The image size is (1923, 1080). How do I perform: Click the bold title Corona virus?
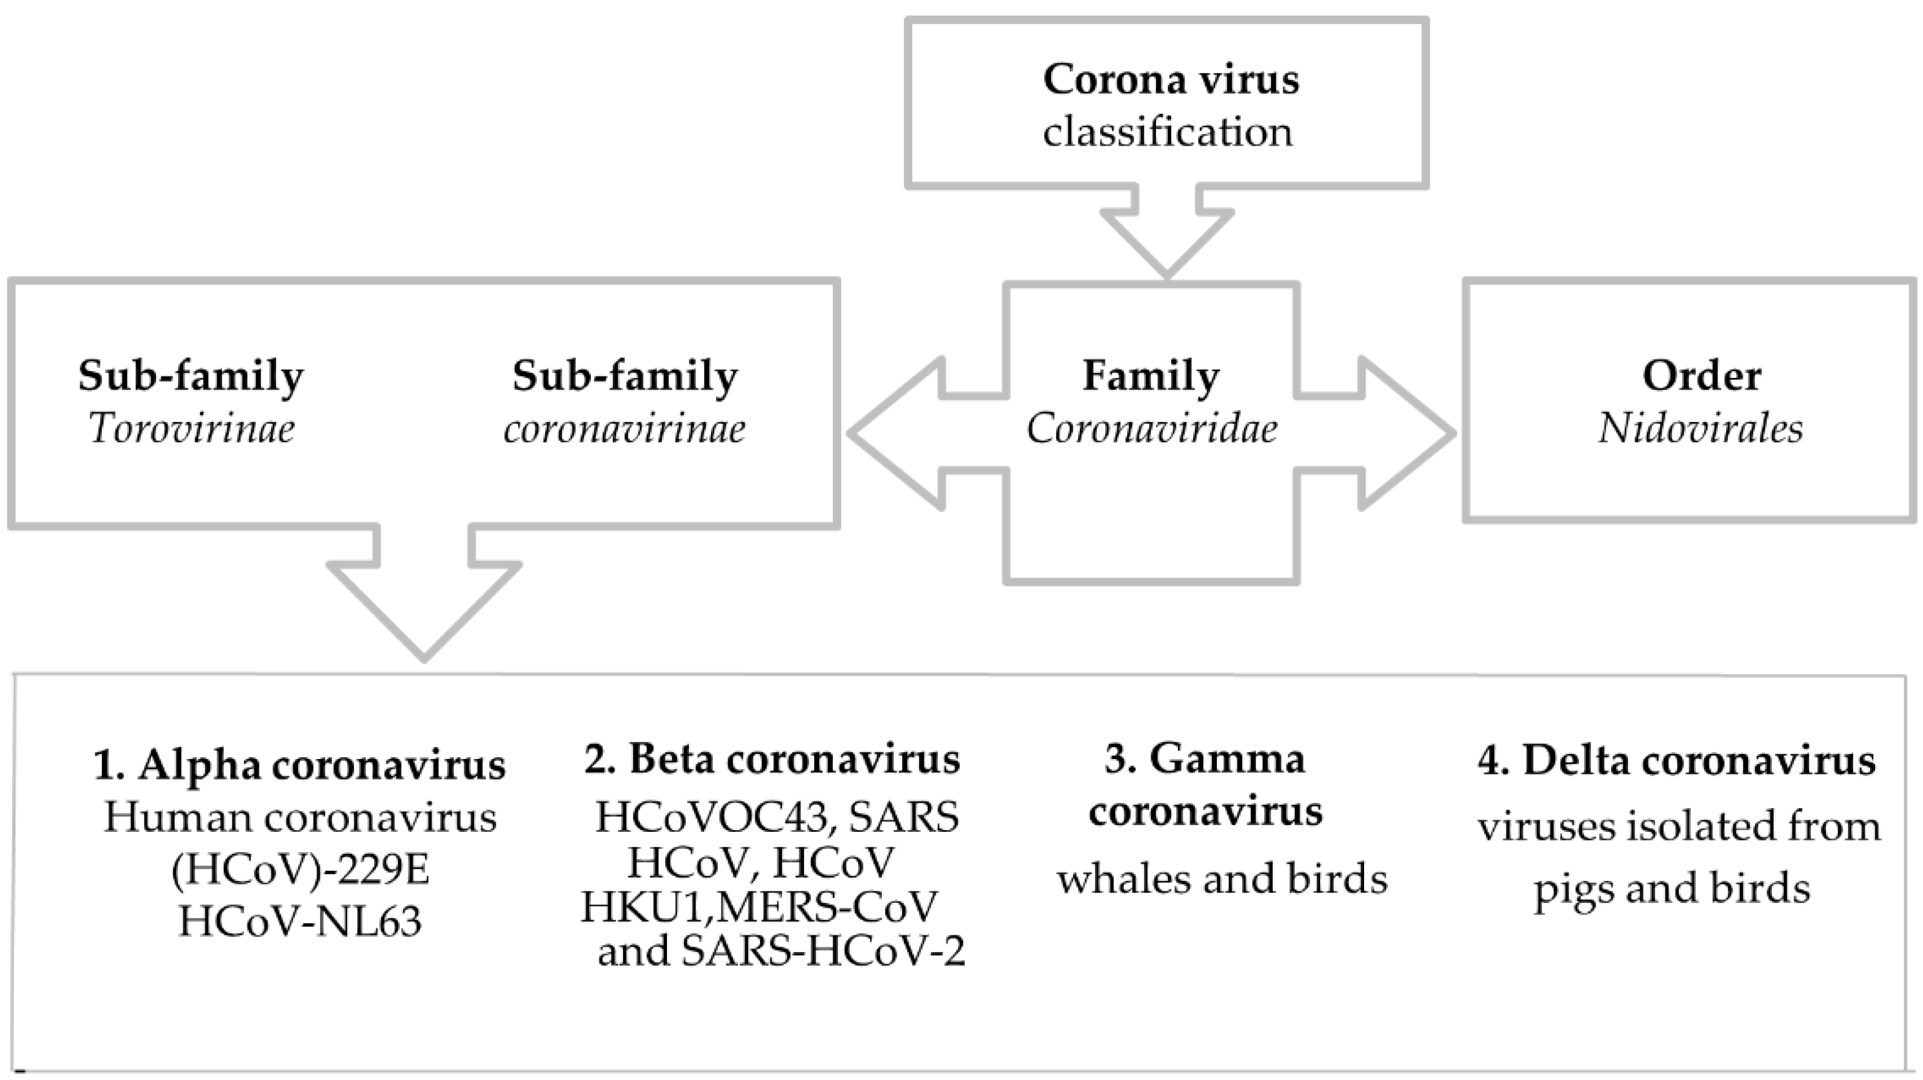tap(1170, 79)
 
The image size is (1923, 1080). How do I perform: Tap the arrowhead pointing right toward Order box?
tap(1403, 433)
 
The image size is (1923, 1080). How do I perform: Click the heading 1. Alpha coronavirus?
tap(300, 765)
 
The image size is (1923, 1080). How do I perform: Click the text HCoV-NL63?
tap(300, 922)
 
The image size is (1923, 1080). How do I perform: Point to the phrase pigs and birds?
tap(1672, 889)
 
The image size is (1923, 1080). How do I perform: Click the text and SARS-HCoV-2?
tap(781, 951)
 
